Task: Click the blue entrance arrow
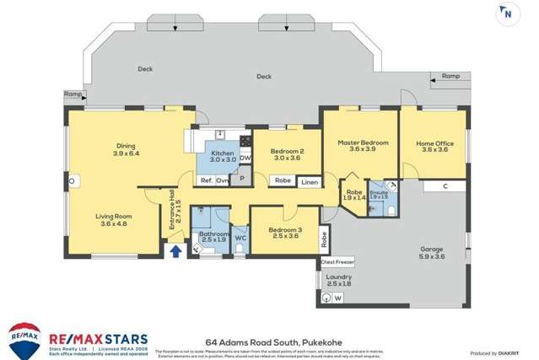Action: click(175, 250)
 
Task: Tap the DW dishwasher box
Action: click(245, 159)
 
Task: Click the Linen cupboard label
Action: click(310, 181)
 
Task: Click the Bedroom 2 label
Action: click(287, 153)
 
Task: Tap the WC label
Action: click(240, 239)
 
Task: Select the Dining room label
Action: click(125, 150)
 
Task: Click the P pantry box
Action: click(241, 179)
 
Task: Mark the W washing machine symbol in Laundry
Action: click(337, 298)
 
